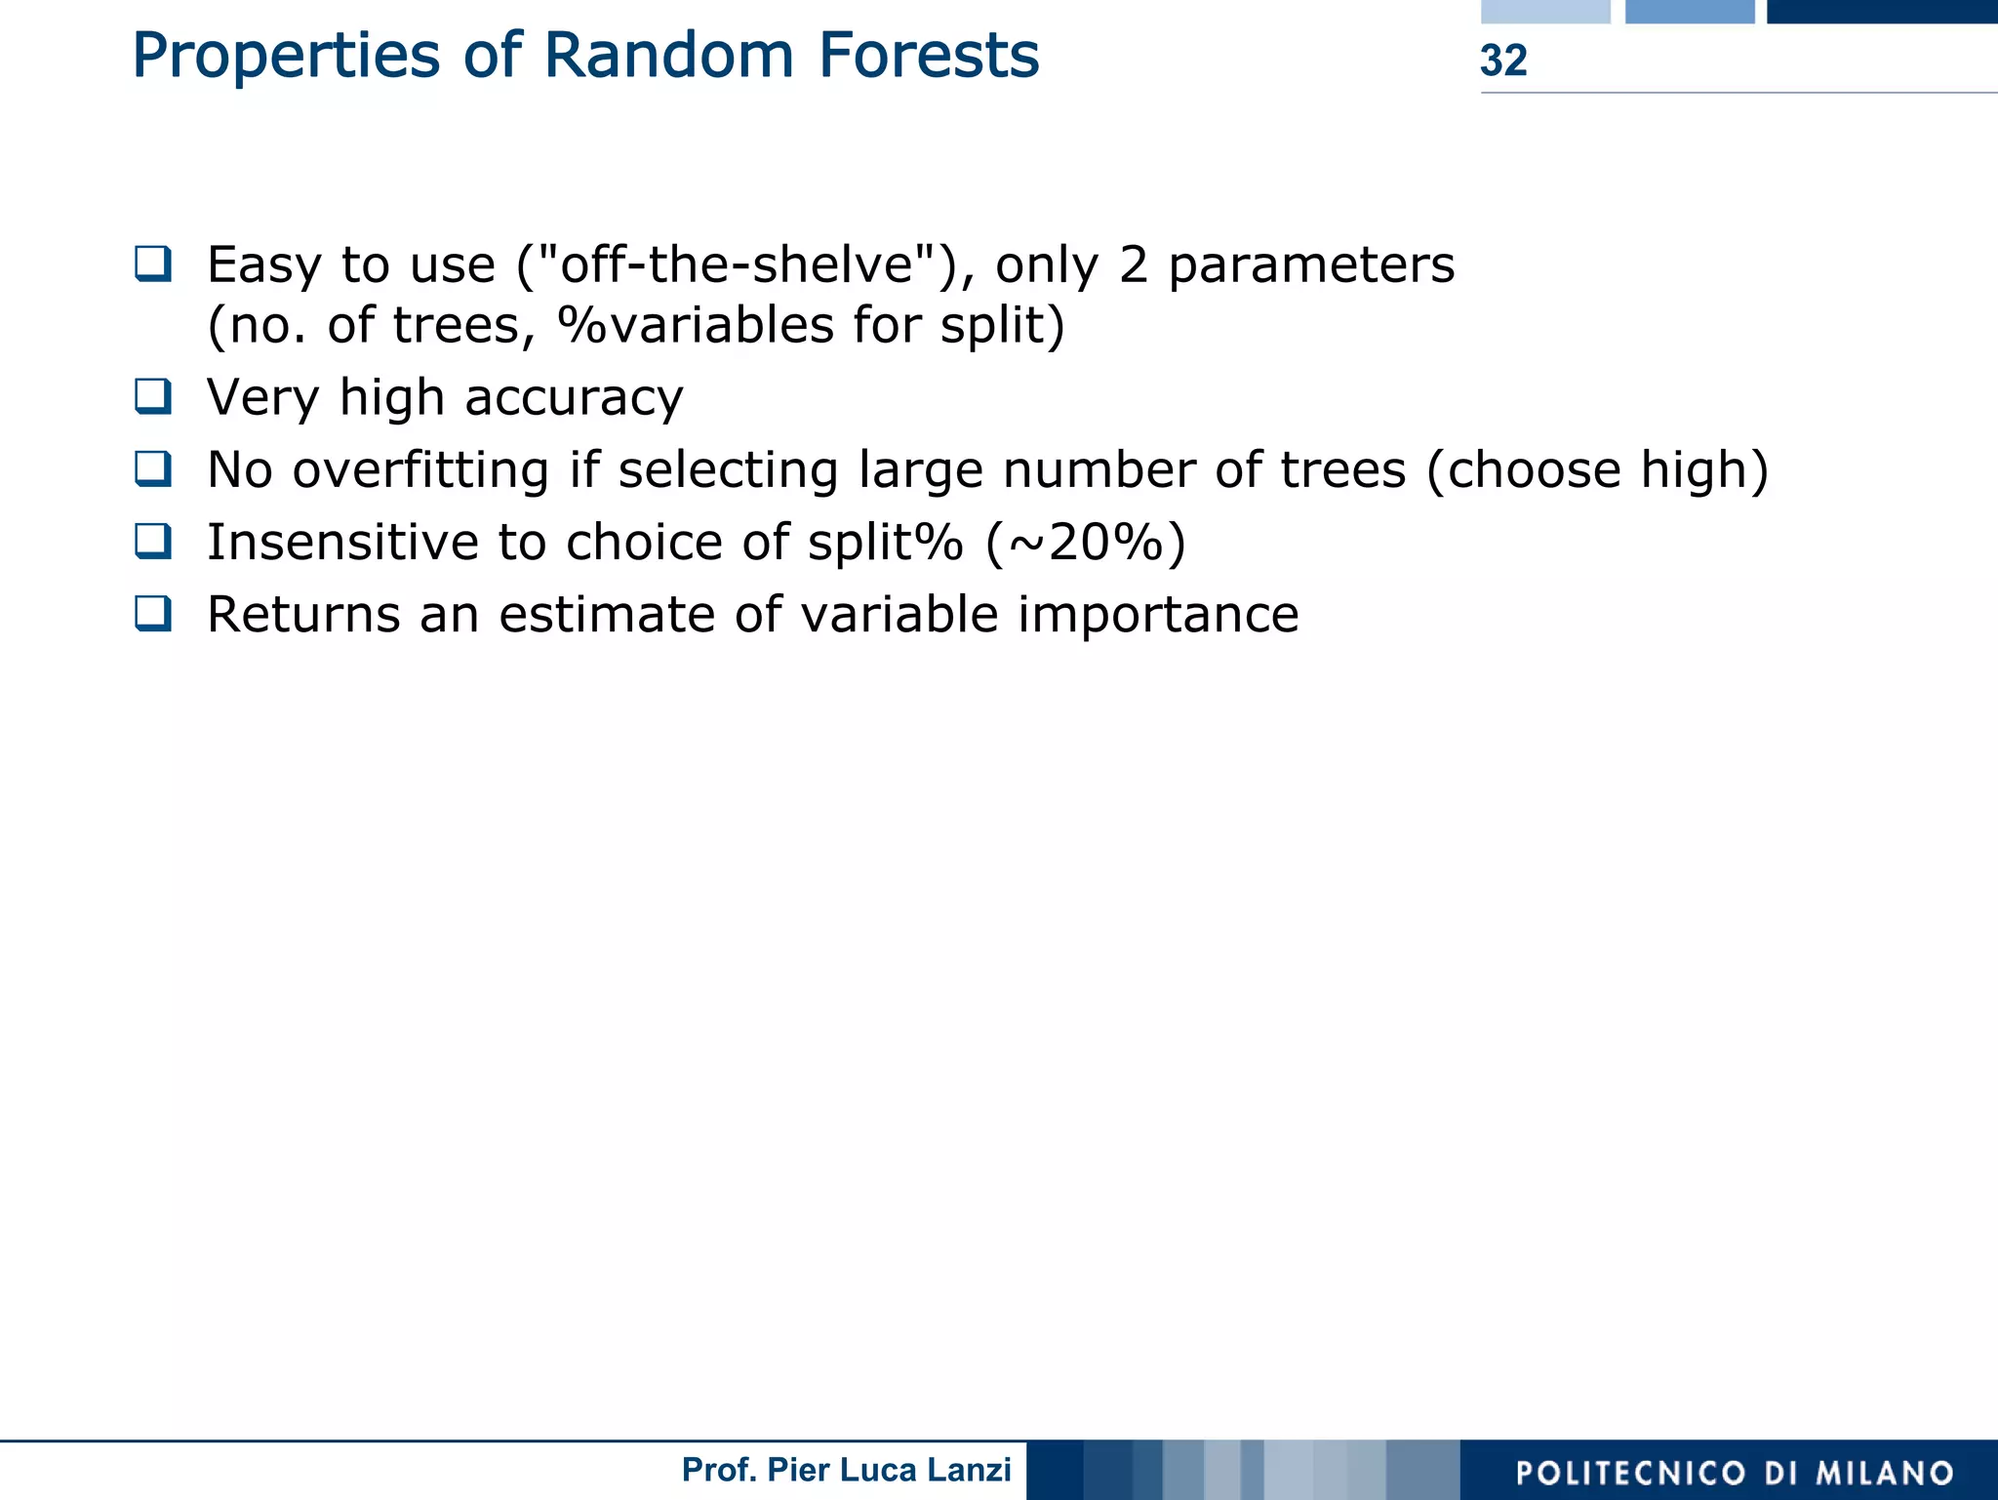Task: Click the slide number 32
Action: click(1503, 61)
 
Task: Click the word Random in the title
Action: click(668, 56)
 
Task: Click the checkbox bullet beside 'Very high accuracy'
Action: click(153, 396)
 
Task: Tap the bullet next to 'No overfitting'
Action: click(153, 468)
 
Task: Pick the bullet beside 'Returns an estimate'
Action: click(153, 613)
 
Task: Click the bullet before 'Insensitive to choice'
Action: click(153, 541)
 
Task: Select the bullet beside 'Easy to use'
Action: click(153, 264)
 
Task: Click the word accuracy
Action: click(574, 398)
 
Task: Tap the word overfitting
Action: click(420, 470)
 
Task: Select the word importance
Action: click(1158, 615)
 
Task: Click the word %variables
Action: click(696, 325)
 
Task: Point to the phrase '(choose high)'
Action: click(1597, 470)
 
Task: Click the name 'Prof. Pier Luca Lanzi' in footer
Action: click(846, 1470)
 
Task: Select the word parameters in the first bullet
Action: click(1310, 265)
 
